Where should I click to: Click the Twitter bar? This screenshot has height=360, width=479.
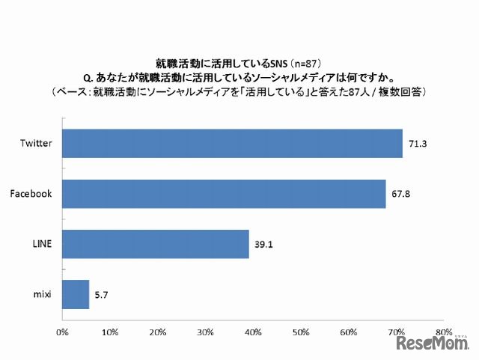[232, 144]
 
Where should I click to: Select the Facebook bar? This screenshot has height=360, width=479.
[224, 194]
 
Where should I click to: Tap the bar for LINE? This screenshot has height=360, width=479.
[155, 244]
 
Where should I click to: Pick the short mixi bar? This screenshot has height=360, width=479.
[76, 294]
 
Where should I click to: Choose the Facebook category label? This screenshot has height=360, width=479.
[31, 194]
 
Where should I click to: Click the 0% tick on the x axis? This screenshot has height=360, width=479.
[63, 330]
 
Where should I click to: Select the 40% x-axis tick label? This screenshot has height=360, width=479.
[253, 330]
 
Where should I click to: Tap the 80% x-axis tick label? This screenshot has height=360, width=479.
[443, 330]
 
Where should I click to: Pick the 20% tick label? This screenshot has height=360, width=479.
[157, 330]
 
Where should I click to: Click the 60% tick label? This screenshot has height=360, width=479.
[348, 330]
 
